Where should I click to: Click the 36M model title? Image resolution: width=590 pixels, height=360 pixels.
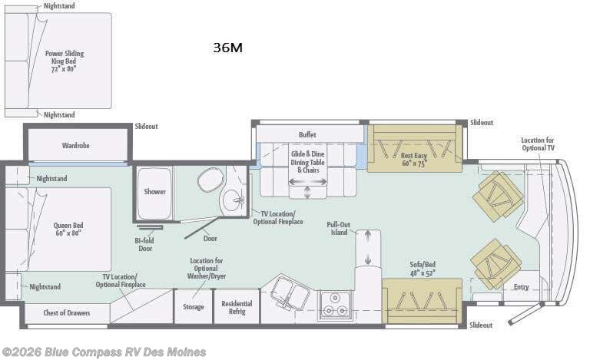[227, 48]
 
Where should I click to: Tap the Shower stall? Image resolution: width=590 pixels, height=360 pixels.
[154, 193]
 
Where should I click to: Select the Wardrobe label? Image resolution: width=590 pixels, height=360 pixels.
[75, 145]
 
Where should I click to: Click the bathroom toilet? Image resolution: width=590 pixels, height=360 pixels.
[210, 180]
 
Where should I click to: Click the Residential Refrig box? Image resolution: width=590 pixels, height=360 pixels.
[237, 307]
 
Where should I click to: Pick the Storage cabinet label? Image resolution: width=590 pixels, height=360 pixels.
[194, 307]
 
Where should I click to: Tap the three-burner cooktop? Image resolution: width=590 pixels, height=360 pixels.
[336, 305]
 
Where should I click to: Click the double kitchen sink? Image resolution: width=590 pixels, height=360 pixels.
[290, 293]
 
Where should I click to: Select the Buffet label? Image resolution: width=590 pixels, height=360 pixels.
[307, 134]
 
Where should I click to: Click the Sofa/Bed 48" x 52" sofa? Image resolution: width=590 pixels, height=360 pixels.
[422, 300]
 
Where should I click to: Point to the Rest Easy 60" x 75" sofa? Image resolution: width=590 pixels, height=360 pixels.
[415, 148]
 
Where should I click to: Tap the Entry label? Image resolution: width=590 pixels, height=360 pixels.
[521, 287]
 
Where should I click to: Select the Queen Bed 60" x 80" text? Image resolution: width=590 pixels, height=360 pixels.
[68, 229]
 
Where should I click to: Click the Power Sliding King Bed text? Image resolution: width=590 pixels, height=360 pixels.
[65, 61]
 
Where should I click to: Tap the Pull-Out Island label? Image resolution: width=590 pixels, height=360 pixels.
[339, 229]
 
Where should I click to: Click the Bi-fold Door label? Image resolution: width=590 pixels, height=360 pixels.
[144, 244]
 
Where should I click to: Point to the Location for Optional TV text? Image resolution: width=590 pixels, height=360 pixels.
[538, 144]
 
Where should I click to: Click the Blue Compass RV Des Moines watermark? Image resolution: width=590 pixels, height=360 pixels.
[104, 352]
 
